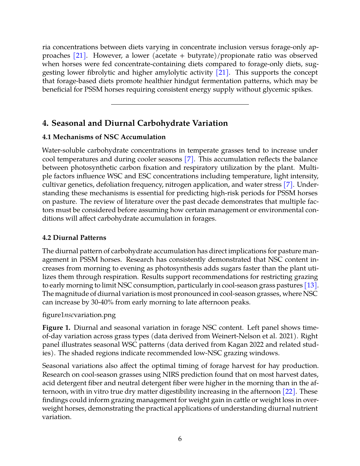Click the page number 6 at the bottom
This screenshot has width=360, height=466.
(180, 439)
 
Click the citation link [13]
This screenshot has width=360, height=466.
(311, 285)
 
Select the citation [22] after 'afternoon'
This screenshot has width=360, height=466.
(289, 392)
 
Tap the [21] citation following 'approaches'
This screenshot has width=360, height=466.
(79, 56)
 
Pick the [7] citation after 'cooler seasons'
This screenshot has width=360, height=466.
(189, 159)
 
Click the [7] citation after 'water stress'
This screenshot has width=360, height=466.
(288, 185)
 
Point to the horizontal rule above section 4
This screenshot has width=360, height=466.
(180, 104)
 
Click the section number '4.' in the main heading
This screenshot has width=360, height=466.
(46, 123)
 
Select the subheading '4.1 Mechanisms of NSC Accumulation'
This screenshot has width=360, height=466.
(104, 137)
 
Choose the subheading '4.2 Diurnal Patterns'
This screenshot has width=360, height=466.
(74, 238)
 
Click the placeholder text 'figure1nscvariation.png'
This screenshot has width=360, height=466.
(79, 315)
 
